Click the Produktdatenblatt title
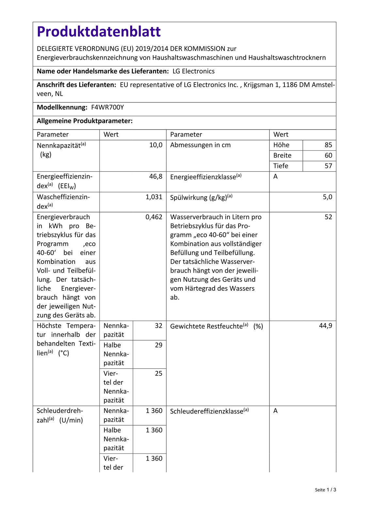[x=99, y=32]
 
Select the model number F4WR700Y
[x=107, y=107]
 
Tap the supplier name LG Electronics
[x=193, y=71]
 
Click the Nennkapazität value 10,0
[x=156, y=145]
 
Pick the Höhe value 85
[x=328, y=145]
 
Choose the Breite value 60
[x=328, y=155]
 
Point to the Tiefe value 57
[x=328, y=166]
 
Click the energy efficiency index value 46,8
[x=156, y=177]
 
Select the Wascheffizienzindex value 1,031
[x=154, y=197]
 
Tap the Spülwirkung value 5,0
[x=327, y=197]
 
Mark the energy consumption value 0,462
[x=154, y=217]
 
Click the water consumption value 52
[x=328, y=217]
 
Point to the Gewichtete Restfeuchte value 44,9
[x=325, y=326]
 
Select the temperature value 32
[x=159, y=326]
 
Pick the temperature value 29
[x=159, y=345]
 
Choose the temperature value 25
[x=159, y=373]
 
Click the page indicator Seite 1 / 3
[x=325, y=490]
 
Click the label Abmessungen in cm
[x=200, y=145]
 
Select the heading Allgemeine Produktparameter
[x=85, y=121]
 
